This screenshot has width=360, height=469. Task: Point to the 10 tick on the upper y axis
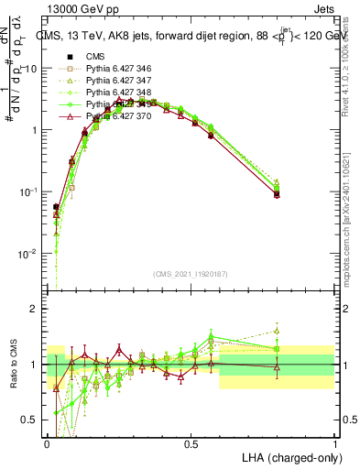(x=34, y=69)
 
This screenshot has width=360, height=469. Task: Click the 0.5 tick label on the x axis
(x=191, y=442)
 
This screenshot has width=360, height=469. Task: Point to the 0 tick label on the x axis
(x=48, y=442)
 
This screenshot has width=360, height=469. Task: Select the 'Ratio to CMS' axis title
(x=13, y=364)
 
